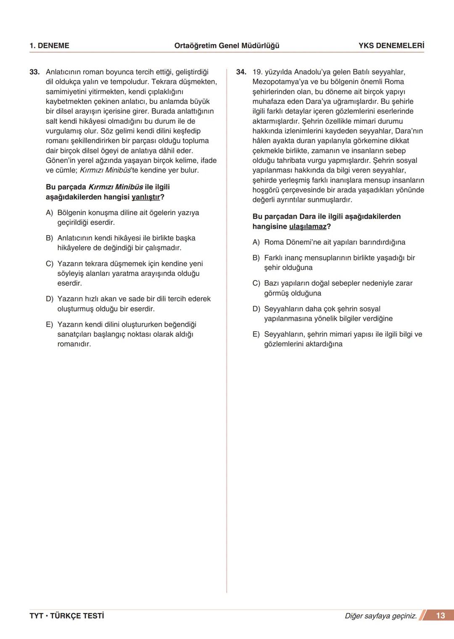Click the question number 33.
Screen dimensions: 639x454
(x=34, y=72)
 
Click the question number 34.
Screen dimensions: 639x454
(x=241, y=72)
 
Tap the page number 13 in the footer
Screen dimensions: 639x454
(x=440, y=615)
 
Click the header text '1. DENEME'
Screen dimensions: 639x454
(x=49, y=46)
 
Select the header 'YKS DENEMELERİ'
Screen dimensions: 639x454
(x=391, y=46)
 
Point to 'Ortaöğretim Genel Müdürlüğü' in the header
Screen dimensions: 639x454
(x=227, y=46)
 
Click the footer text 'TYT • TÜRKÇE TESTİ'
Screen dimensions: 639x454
(x=67, y=616)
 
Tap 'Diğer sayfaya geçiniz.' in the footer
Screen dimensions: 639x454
(x=380, y=616)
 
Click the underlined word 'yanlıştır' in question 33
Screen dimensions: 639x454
(x=146, y=197)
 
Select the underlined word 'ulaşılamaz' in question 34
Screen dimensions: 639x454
(x=308, y=227)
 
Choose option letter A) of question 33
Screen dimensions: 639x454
(x=50, y=213)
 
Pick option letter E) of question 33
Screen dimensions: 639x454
(x=50, y=325)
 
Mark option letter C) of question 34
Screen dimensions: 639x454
(x=256, y=283)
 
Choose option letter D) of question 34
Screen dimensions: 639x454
(x=256, y=309)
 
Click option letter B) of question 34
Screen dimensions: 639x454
(x=256, y=258)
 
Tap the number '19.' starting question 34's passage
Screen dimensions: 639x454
(x=257, y=72)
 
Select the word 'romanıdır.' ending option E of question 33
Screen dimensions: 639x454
(x=74, y=344)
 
